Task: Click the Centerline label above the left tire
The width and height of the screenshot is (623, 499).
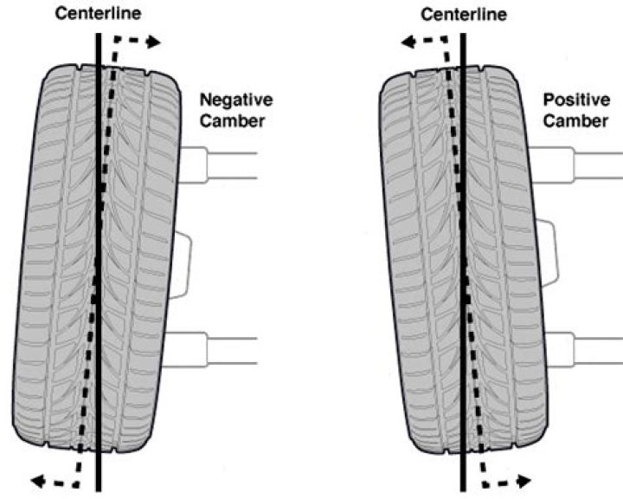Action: pos(98,14)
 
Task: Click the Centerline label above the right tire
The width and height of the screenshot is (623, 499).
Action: pos(464,15)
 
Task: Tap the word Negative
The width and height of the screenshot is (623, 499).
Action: pos(236,100)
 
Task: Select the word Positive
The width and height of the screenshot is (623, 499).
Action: pos(576,100)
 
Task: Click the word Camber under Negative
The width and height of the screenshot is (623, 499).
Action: pos(232,121)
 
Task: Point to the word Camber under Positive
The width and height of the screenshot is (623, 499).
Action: pos(575,120)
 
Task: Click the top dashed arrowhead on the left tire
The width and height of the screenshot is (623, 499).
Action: pos(154,42)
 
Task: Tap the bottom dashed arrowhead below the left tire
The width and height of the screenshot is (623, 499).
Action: pos(37,482)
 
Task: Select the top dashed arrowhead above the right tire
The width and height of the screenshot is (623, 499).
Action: pos(408,42)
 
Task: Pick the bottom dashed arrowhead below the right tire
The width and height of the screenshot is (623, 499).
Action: pos(525,482)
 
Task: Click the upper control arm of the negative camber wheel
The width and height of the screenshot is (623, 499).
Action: pos(218,165)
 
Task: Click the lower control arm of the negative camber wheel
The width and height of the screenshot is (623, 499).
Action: pos(210,350)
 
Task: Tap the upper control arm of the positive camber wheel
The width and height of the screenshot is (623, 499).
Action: pos(576,165)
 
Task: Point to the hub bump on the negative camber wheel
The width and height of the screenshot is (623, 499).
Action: pos(181,264)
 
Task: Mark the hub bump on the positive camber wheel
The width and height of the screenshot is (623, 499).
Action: pos(549,253)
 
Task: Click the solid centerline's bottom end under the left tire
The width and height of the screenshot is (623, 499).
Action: pos(98,491)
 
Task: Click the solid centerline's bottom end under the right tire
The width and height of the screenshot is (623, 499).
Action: pos(463,491)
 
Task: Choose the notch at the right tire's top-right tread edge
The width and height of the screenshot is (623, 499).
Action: pos(483,68)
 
